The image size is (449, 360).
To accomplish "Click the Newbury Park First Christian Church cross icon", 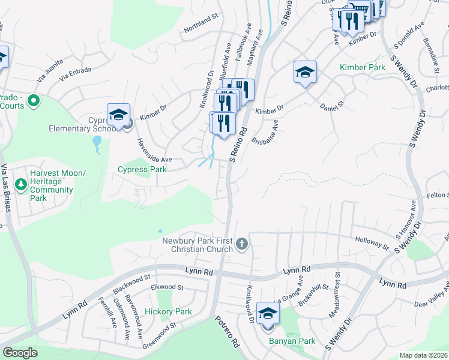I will [x=242, y=244].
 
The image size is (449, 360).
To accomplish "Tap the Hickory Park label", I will [x=168, y=311].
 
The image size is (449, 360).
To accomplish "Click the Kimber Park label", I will [x=363, y=68].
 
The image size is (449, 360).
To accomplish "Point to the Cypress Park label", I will [x=141, y=169].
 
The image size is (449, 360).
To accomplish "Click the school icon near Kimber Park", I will [x=305, y=73].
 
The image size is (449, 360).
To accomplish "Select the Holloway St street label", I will [x=371, y=242].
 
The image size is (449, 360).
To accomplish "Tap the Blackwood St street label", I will [x=131, y=284].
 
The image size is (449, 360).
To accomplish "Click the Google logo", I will [x=20, y=353].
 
